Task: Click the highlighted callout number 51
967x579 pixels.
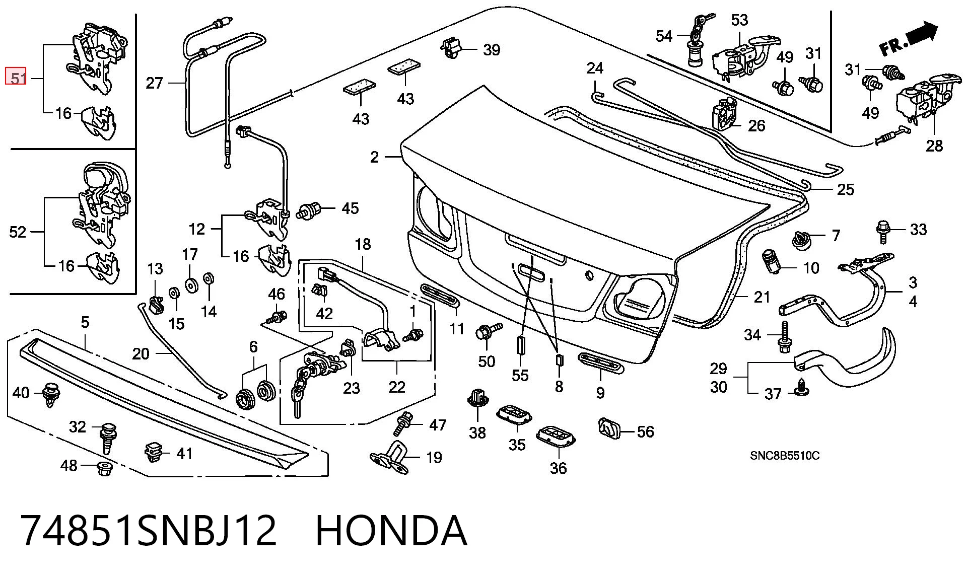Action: click(16, 78)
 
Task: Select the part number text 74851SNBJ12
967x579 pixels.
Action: click(149, 531)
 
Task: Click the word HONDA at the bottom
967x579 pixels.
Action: click(391, 531)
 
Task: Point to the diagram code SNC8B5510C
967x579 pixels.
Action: click(785, 456)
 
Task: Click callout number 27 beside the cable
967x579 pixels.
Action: click(155, 83)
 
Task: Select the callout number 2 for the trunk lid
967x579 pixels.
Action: click(374, 157)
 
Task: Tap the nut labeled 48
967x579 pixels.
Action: click(104, 468)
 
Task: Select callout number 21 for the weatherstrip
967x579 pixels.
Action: click(762, 297)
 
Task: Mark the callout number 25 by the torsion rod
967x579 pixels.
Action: click(846, 189)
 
